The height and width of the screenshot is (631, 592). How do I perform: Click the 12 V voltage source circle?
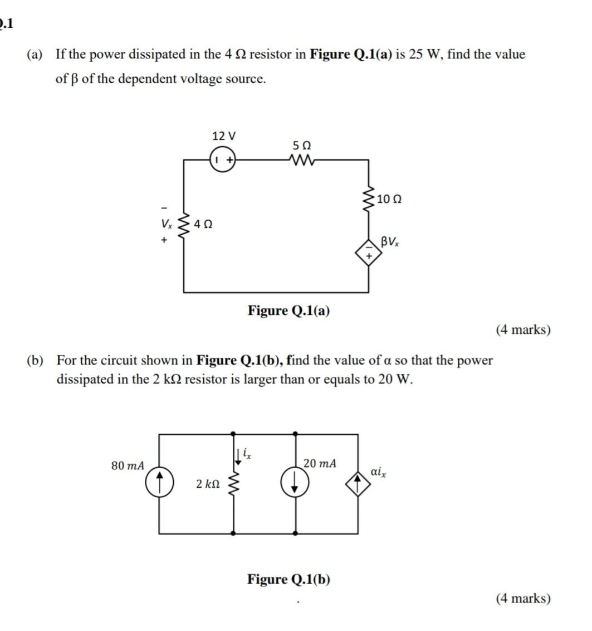tap(224, 160)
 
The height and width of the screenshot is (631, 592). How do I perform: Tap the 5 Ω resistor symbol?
tap(301, 160)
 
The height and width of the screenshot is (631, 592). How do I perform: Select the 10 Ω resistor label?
tap(389, 199)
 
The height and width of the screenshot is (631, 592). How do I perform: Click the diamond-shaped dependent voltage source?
tap(368, 252)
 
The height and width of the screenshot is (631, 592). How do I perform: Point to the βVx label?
tap(390, 242)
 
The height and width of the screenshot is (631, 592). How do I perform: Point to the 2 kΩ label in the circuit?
tap(208, 484)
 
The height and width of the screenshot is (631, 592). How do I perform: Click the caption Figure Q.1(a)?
tap(288, 310)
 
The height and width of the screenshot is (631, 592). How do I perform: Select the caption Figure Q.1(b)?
tap(288, 580)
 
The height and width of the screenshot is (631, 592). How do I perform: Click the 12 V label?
tap(224, 136)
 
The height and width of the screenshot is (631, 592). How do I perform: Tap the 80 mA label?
tap(128, 465)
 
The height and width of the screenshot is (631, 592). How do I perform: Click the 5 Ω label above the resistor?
tap(301, 145)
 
